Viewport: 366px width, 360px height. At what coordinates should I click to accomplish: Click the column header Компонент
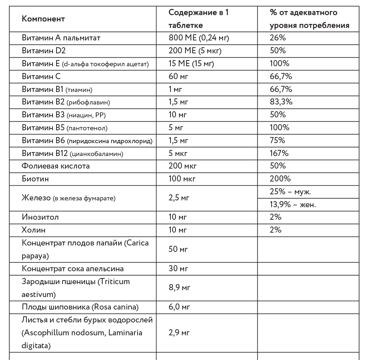[x=43, y=19]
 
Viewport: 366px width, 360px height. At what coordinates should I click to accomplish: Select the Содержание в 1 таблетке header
[x=198, y=19]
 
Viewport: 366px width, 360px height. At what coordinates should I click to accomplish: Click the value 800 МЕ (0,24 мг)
[x=198, y=38]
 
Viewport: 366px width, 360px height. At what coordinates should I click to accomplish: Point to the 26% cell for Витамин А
[x=278, y=38]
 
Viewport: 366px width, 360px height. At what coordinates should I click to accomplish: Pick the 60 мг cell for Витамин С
[x=178, y=76]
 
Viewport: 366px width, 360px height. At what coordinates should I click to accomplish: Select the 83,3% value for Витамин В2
[x=281, y=102]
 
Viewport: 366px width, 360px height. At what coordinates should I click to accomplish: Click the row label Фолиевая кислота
[x=56, y=166]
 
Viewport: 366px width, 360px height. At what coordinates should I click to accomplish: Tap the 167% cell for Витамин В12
[x=279, y=153]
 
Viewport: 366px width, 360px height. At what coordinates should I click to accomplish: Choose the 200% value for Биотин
[x=280, y=179]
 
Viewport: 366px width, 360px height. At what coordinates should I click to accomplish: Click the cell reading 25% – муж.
[x=290, y=191]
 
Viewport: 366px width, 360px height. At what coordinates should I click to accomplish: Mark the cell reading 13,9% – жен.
[x=293, y=204]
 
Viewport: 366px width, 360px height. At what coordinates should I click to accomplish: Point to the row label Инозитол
[x=40, y=217]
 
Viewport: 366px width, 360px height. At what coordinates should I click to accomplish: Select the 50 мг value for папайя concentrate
[x=178, y=249]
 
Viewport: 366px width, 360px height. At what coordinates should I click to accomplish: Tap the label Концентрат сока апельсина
[x=73, y=268]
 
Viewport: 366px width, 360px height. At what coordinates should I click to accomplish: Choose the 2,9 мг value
[x=179, y=333]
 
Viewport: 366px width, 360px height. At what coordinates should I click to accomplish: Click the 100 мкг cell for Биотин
[x=182, y=179]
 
